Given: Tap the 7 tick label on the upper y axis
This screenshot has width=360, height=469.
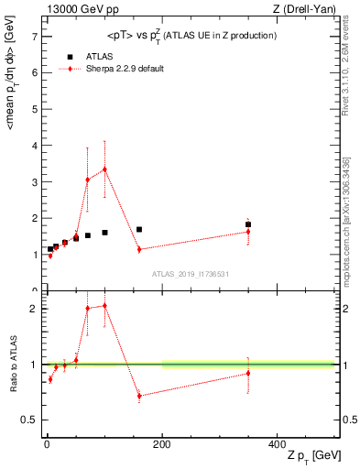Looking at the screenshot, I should click(x=33, y=37).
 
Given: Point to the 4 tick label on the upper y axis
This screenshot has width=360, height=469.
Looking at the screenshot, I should click(x=33, y=146).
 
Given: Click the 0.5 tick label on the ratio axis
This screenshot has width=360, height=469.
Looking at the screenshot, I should click(x=29, y=420).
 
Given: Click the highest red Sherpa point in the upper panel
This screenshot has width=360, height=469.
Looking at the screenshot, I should click(x=105, y=169).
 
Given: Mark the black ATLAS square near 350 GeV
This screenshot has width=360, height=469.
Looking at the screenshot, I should click(x=248, y=224).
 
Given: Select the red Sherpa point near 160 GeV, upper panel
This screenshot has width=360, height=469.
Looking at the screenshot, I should click(x=139, y=249).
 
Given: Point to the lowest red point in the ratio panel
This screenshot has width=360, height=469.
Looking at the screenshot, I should click(x=139, y=396).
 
